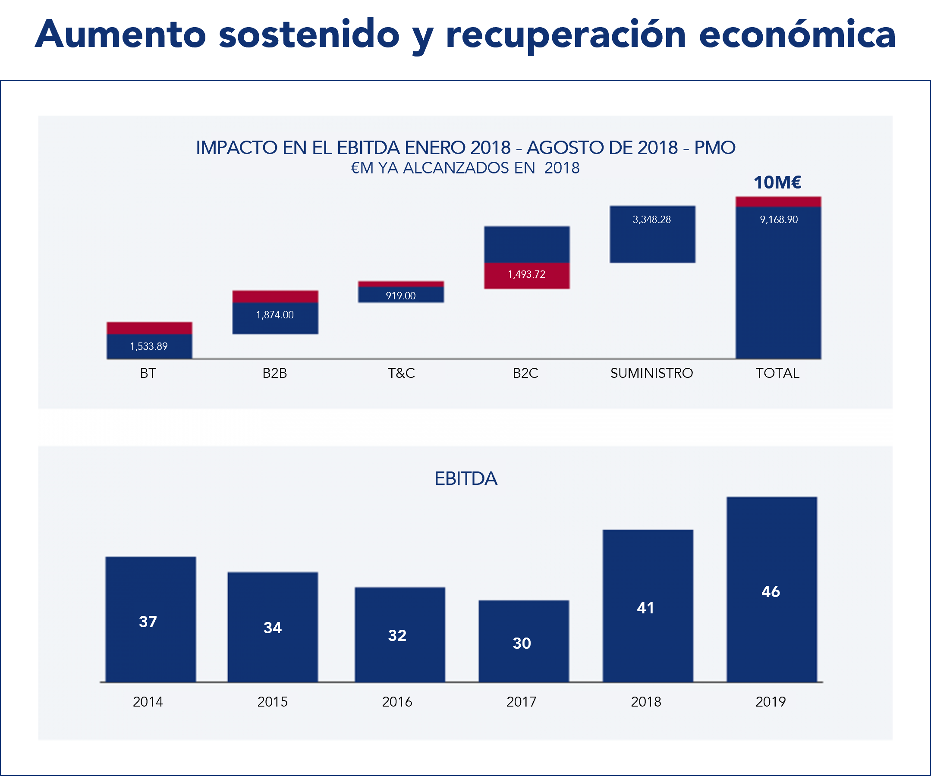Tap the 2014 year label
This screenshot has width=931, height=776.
click(x=148, y=702)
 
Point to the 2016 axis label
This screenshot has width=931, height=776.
click(x=397, y=702)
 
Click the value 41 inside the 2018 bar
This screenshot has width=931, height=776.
click(x=645, y=608)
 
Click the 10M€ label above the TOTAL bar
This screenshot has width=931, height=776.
click(x=777, y=182)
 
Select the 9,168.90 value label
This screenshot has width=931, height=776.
click(x=778, y=220)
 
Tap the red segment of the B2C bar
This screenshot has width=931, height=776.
click(x=527, y=276)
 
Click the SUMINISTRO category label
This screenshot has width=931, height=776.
click(x=652, y=373)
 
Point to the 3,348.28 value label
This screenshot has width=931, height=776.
click(x=652, y=220)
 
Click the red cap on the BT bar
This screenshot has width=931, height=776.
click(x=149, y=328)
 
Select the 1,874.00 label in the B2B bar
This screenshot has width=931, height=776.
click(x=275, y=315)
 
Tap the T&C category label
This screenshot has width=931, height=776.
click(x=401, y=373)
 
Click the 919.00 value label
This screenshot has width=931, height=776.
click(x=401, y=296)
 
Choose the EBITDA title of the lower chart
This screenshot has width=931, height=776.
click(x=465, y=479)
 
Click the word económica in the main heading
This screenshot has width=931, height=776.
click(x=797, y=35)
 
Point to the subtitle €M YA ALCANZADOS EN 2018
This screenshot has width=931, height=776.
click(x=465, y=168)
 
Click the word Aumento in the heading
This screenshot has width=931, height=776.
click(x=121, y=35)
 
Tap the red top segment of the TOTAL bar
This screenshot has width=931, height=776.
click(x=778, y=201)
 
